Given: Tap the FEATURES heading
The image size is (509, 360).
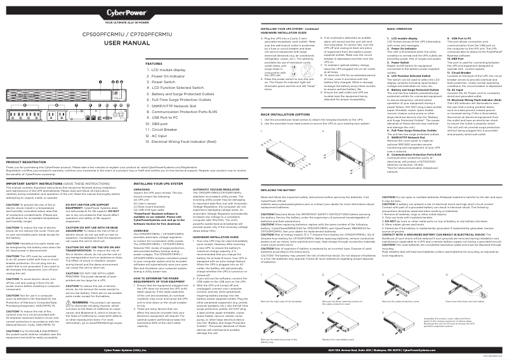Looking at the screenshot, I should tap(154, 64).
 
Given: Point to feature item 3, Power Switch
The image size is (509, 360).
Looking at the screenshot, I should tap(166, 82).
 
